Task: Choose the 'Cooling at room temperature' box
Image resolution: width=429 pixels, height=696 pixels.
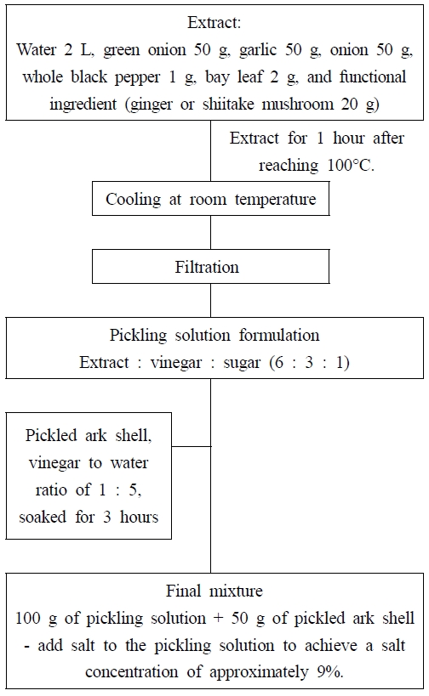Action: tap(210, 200)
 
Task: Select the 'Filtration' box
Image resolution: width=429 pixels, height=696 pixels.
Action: tap(210, 267)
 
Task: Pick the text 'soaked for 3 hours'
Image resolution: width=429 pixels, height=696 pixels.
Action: tap(88, 516)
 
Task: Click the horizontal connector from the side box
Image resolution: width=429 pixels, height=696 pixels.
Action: tap(191, 445)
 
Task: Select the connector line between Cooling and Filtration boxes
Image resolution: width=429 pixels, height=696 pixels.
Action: tap(211, 234)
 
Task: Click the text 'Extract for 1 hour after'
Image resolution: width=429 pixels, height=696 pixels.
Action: tap(317, 139)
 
